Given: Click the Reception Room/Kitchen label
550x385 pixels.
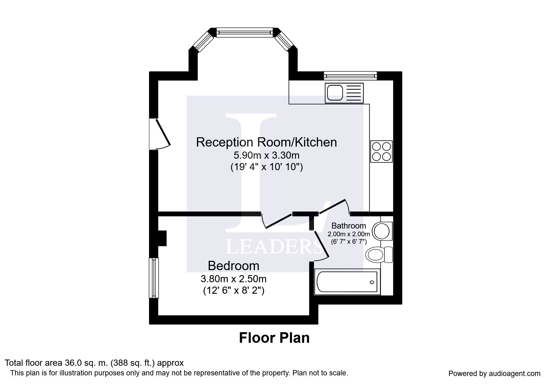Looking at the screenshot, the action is pyautogui.click(x=266, y=142).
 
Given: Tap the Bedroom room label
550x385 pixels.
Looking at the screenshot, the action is pyautogui.click(x=234, y=266).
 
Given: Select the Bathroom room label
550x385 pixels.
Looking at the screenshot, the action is pyautogui.click(x=349, y=226).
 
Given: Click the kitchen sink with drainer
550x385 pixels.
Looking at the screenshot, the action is pyautogui.click(x=344, y=93).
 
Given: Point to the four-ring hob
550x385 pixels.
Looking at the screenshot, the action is pyautogui.click(x=381, y=152).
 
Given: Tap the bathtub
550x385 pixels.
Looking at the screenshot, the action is pyautogui.click(x=348, y=282).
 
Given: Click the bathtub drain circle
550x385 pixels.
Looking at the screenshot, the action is pyautogui.click(x=372, y=282).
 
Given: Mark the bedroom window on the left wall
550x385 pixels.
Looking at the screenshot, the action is pyautogui.click(x=154, y=278).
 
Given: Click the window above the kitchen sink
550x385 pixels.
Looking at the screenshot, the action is pyautogui.click(x=350, y=76).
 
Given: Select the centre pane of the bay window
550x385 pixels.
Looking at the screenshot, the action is pyautogui.click(x=244, y=33).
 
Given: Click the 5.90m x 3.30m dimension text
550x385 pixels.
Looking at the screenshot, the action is pyautogui.click(x=266, y=155).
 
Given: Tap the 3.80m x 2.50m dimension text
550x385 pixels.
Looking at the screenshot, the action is pyautogui.click(x=234, y=279).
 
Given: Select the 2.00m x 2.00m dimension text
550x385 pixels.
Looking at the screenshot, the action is pyautogui.click(x=349, y=234).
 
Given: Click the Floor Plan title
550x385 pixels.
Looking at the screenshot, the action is pyautogui.click(x=274, y=338).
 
